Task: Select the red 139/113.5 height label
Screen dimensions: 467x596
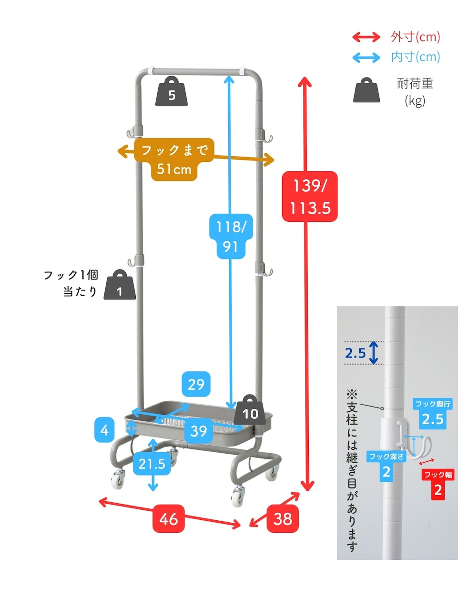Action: tap(310, 197)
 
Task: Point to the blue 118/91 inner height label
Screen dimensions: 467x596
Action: tap(231, 236)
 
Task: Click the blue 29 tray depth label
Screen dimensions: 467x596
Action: tap(196, 384)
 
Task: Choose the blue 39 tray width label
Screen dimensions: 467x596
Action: tap(199, 431)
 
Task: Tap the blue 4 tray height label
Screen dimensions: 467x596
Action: tap(104, 430)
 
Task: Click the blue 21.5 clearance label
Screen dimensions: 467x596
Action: tap(152, 464)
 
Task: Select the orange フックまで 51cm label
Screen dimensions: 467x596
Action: tap(174, 159)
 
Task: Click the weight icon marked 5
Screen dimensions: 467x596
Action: tap(172, 91)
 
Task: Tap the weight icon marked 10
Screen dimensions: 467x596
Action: tap(250, 410)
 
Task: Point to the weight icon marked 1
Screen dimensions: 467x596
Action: tap(120, 285)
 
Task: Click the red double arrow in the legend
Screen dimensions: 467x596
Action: tap(366, 37)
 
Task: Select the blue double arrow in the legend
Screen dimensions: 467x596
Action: tap(366, 58)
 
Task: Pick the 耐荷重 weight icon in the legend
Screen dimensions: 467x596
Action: tap(366, 90)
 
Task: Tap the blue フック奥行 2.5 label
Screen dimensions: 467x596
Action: tap(433, 414)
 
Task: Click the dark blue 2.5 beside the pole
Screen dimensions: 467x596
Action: tap(355, 353)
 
